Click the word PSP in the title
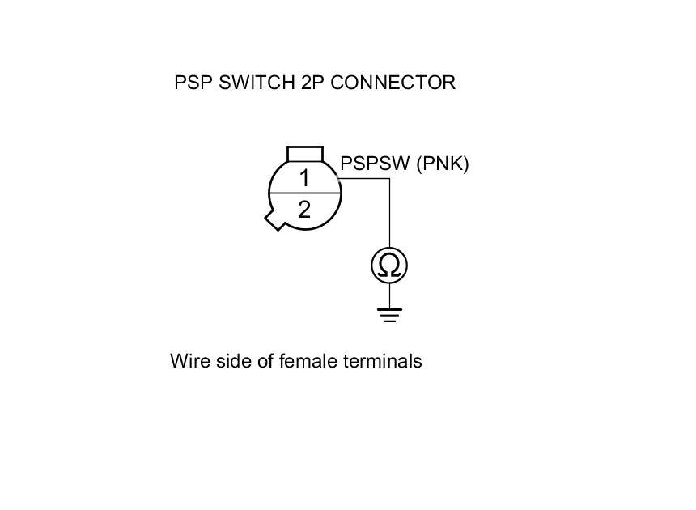pyautogui.click(x=193, y=83)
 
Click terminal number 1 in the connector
pyautogui.click(x=304, y=178)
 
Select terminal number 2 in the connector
pyautogui.click(x=304, y=210)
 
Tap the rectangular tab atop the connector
pyautogui.click(x=305, y=154)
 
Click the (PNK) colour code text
pyautogui.click(x=442, y=164)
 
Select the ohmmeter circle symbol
pyautogui.click(x=389, y=266)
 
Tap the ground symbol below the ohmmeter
pyautogui.click(x=389, y=314)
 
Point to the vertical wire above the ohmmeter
pyautogui.click(x=389, y=215)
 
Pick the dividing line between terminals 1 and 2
pyautogui.click(x=304, y=194)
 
